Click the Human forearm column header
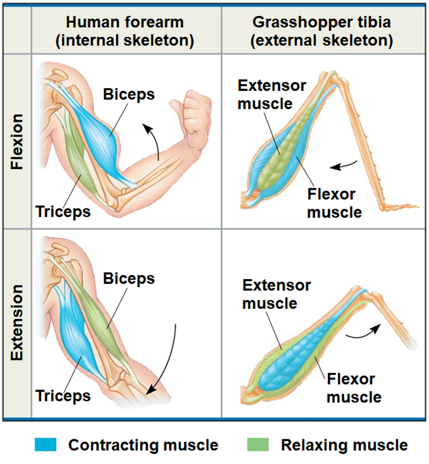click(x=125, y=31)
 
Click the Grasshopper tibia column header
click(x=322, y=31)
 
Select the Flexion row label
click(x=17, y=141)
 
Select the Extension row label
click(x=17, y=322)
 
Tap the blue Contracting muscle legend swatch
click(x=45, y=445)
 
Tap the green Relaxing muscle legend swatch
click(x=258, y=445)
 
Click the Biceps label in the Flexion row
click(x=129, y=94)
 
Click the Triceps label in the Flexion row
click(x=63, y=211)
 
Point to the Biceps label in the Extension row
click(x=129, y=278)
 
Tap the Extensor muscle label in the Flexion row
click(x=272, y=94)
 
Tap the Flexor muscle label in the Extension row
click(x=353, y=388)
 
